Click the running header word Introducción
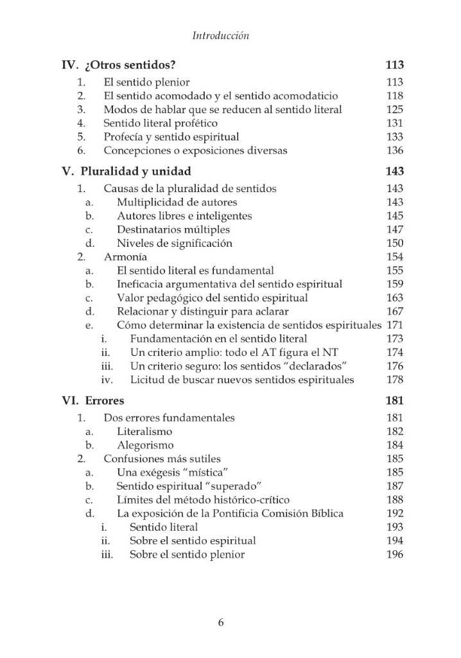221,36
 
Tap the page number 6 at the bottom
221,622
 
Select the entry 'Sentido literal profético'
161,123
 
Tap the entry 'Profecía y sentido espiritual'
171,137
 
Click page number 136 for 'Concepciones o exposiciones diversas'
395,150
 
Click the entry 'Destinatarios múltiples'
173,229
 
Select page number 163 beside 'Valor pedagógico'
395,298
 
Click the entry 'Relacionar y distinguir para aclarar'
202,312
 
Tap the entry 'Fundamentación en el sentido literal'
218,339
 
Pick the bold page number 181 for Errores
394,400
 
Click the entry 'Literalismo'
144,431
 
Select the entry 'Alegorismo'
145,445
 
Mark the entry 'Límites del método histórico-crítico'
203,499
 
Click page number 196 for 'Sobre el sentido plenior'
395,554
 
